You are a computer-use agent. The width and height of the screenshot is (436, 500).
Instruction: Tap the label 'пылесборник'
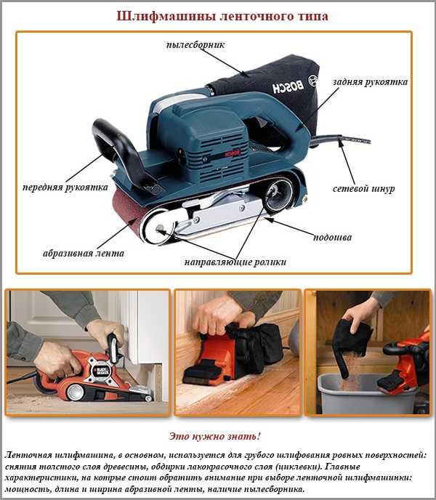click(x=195, y=44)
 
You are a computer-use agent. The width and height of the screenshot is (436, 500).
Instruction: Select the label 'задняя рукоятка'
click(x=371, y=82)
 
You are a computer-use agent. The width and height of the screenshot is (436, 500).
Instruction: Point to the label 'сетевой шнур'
click(x=364, y=189)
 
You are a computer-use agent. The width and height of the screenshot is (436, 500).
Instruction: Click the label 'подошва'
click(x=332, y=237)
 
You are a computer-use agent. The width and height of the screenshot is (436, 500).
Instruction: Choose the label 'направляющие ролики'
click(x=235, y=262)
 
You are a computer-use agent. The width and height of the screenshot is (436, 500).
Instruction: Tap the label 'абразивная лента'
click(x=84, y=254)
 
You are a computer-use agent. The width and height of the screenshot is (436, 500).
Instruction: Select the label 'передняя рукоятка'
click(x=65, y=187)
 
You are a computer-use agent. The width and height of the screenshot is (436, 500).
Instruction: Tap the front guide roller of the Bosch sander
click(x=158, y=227)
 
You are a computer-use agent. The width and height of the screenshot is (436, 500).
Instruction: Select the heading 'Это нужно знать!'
click(x=214, y=436)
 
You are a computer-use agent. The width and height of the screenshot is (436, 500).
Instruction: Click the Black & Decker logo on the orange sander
click(x=101, y=371)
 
